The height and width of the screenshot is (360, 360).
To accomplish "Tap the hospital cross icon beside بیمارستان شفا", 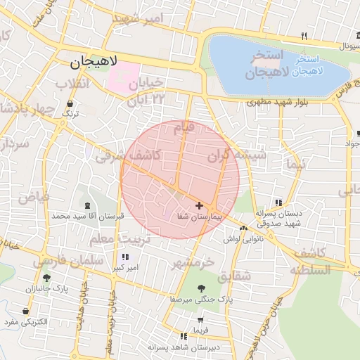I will tap(200, 206).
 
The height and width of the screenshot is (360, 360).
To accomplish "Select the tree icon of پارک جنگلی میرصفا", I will tap(202, 288).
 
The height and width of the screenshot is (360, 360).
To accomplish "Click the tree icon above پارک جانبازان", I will tap(47, 278).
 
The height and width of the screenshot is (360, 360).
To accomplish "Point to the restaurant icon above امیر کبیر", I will tap(126, 257).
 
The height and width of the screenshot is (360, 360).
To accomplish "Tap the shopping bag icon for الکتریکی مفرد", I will tap(26, 311).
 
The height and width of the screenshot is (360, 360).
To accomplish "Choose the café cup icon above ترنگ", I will tap(69, 103).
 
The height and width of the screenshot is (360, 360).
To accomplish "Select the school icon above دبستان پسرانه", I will tap(279, 202).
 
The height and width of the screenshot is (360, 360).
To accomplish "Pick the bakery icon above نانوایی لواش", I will tap(243, 228).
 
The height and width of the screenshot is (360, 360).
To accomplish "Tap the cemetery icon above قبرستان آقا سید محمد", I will tap(87, 205).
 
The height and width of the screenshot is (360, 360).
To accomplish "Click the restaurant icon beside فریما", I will tap(184, 336).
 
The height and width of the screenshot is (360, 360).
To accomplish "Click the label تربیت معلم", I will tap(110, 240).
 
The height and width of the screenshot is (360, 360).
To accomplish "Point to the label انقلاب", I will tap(73, 84).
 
